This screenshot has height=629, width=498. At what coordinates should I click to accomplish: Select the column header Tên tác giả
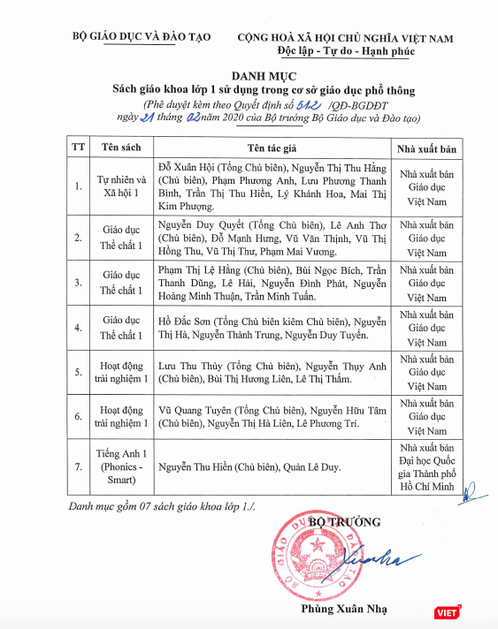(x=272, y=145)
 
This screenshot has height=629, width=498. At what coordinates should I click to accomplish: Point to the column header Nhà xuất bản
(x=427, y=145)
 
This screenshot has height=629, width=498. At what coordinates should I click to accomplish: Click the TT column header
(x=78, y=145)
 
